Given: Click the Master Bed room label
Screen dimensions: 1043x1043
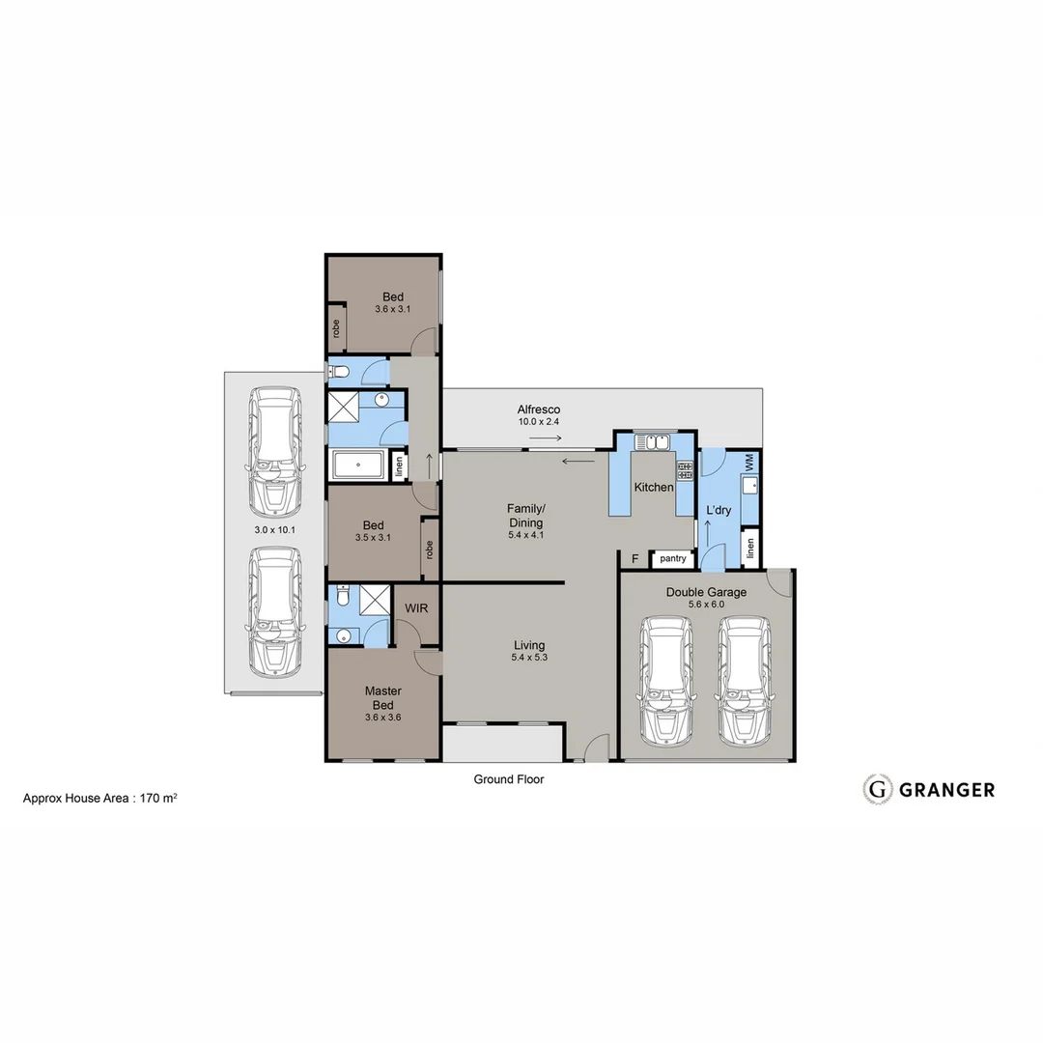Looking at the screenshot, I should tap(382, 697).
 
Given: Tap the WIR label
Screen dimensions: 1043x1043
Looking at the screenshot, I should tap(417, 608).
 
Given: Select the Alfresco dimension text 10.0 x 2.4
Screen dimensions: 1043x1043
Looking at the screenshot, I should tap(539, 422).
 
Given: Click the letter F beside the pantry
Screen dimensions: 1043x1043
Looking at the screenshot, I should tap(634, 559).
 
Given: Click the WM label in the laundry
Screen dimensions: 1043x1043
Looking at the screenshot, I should tap(749, 465).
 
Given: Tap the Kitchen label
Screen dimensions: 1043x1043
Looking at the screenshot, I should tap(654, 488).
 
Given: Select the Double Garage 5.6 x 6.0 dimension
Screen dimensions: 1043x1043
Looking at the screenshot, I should tap(706, 604).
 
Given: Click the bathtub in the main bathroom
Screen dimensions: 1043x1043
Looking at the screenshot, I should tap(358, 466).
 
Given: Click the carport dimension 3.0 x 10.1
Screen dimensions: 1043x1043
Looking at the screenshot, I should tap(273, 530).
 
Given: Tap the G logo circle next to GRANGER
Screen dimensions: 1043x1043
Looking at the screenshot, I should tap(877, 789).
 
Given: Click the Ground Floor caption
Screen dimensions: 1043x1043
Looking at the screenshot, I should tap(508, 779).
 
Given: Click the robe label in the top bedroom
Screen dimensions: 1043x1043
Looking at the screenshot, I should tap(336, 327).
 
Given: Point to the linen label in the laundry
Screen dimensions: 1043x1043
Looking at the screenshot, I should tap(749, 549).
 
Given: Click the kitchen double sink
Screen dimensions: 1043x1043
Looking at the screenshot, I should tap(655, 443).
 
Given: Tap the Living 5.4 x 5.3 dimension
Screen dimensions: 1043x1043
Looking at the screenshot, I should tap(528, 658).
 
